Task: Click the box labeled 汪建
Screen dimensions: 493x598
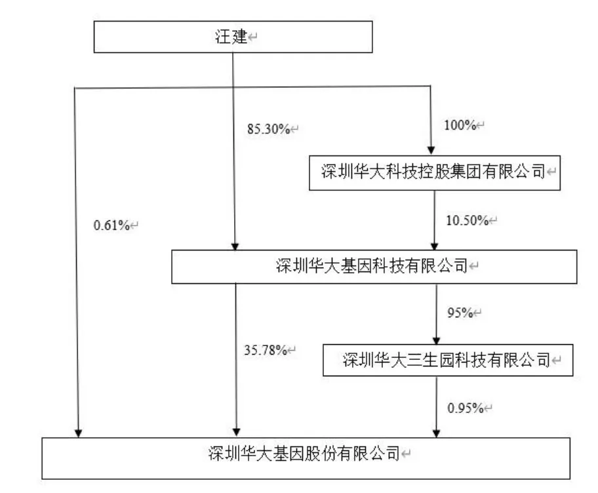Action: click(x=233, y=37)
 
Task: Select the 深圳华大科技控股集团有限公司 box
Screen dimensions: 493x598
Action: click(x=434, y=172)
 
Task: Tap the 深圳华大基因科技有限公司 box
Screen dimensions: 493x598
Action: click(x=374, y=266)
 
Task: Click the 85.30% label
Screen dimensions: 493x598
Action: click(x=268, y=129)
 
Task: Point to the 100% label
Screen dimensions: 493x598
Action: click(x=462, y=125)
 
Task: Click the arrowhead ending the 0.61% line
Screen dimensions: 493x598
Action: click(x=77, y=433)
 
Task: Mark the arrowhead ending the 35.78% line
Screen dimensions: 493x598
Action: click(x=235, y=433)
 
